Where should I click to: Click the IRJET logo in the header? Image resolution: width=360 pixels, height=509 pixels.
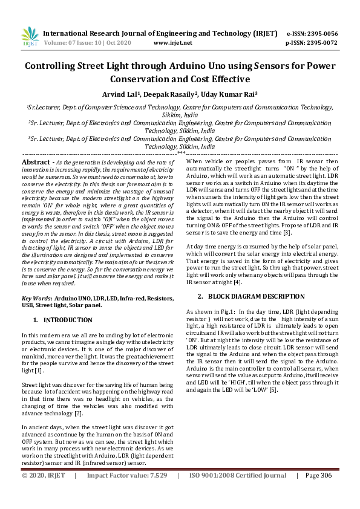click(30, 36)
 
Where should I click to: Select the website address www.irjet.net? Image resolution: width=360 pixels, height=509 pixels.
click(173, 44)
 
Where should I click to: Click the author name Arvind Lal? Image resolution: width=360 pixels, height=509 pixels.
click(119, 94)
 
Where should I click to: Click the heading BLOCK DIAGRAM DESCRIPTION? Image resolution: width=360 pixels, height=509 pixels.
click(256, 297)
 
